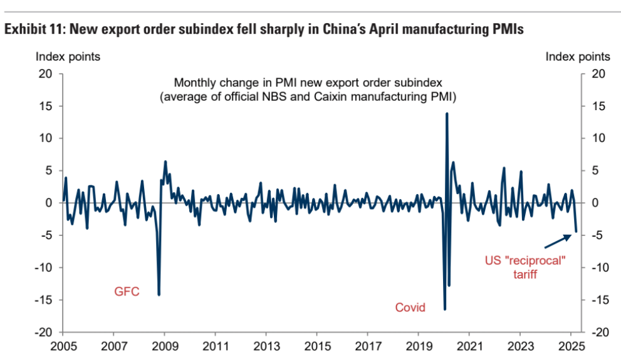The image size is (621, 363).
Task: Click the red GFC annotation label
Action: (127, 292)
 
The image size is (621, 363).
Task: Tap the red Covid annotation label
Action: (410, 307)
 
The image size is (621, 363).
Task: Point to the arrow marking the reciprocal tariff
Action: (560, 239)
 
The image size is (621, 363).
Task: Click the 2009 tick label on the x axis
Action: (164, 346)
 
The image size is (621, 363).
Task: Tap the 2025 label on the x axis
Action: (571, 346)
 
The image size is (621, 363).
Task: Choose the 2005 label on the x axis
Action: (63, 346)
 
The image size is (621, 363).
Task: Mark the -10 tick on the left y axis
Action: (41, 267)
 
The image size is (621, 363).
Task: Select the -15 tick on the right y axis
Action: (598, 300)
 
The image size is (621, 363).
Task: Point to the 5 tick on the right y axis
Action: (595, 170)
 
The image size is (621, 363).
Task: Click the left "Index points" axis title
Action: (68, 57)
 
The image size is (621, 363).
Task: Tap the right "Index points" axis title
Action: (578, 57)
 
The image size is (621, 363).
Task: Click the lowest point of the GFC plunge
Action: (159, 295)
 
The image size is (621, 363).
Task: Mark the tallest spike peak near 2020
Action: (447, 113)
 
